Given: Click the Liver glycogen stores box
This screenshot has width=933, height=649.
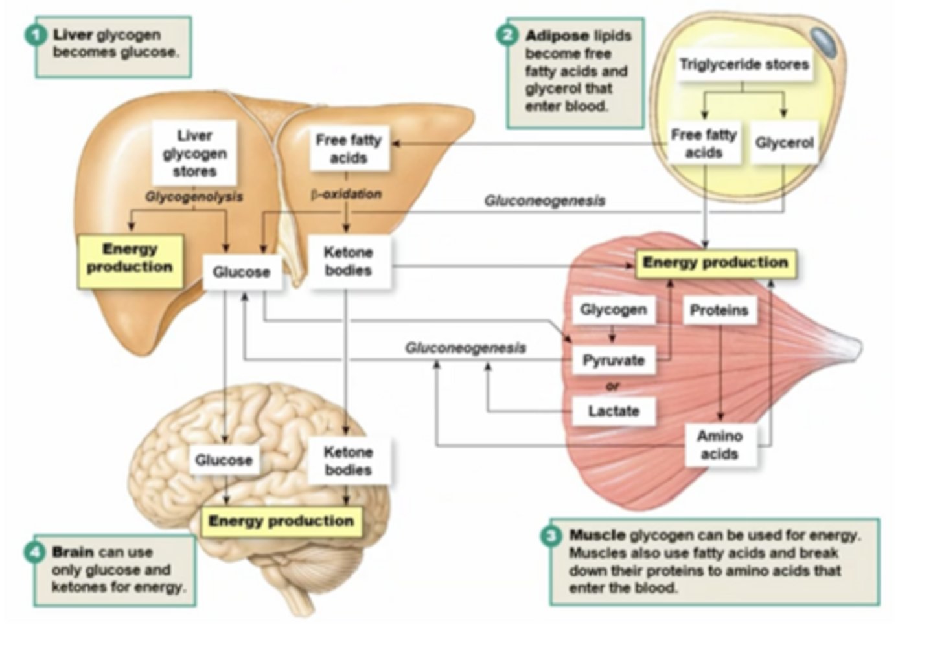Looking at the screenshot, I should click(194, 154).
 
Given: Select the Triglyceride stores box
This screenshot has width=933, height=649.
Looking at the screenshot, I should click(744, 64).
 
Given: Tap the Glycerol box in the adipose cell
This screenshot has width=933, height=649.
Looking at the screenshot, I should click(784, 142).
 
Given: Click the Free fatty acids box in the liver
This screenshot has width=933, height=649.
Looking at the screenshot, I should click(349, 149).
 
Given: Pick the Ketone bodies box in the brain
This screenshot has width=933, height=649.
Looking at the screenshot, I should click(348, 461).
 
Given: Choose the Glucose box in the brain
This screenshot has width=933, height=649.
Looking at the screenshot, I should click(224, 460).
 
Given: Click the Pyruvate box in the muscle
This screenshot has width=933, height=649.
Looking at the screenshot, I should click(613, 360).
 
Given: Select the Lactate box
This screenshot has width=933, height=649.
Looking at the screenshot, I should click(613, 411).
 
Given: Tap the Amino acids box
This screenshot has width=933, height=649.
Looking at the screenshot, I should click(719, 445).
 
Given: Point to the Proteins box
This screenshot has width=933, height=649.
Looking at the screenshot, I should click(719, 310).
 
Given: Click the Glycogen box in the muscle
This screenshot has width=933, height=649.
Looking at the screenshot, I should click(613, 310).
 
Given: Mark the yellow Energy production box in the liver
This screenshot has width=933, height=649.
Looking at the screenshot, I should click(130, 258).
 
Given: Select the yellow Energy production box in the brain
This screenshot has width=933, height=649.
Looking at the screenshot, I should click(281, 521).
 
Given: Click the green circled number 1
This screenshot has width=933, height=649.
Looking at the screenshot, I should click(36, 34).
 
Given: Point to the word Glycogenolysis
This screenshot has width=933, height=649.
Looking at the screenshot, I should click(194, 196).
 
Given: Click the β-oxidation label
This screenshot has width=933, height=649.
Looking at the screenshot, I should click(346, 194).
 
